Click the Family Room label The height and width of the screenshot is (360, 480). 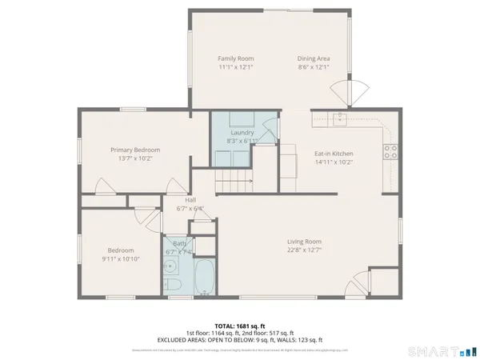[235, 58]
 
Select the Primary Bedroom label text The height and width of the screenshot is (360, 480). [135, 150]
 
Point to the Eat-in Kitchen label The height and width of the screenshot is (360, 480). [334, 153]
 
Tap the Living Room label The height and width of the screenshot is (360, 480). [304, 241]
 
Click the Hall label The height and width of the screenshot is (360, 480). [190, 200]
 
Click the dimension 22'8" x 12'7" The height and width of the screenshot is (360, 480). [304, 250]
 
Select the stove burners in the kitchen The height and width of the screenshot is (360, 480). [390, 152]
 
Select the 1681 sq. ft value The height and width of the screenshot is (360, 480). [251, 325]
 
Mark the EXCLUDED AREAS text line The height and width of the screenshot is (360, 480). [240, 339]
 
